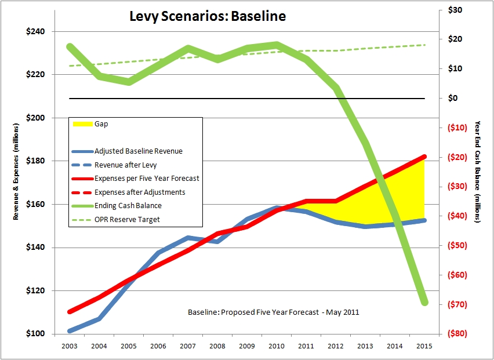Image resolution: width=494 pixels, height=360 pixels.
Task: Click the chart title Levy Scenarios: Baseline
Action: [x=207, y=16]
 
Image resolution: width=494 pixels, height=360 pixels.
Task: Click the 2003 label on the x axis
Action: [x=69, y=346]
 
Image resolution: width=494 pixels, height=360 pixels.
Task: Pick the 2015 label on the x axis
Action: [x=424, y=346]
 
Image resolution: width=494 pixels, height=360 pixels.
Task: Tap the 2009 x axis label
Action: [x=247, y=346]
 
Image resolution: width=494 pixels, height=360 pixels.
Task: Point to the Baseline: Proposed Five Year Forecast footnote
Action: [x=273, y=312]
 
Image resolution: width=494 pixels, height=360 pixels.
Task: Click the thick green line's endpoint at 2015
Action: [x=424, y=301]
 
